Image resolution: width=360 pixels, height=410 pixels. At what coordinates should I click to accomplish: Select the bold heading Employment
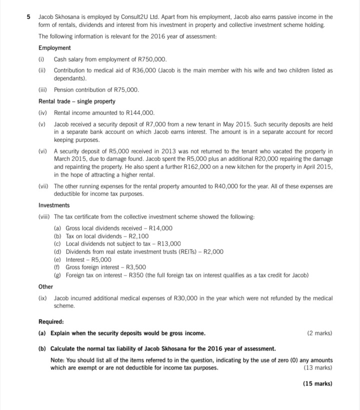point(54,48)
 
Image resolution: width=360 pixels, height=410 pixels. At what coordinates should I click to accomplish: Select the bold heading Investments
point(54,205)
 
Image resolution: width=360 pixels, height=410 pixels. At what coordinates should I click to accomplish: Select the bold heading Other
point(45,287)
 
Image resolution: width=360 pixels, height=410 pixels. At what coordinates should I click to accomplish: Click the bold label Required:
point(51,322)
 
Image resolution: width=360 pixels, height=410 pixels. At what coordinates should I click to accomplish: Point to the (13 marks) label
point(318,368)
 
